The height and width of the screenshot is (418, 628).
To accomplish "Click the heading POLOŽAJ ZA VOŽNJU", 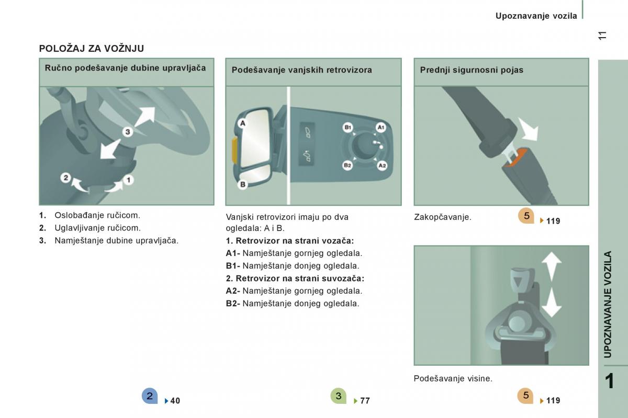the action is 92,49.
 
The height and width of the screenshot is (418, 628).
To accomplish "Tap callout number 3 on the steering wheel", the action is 128,132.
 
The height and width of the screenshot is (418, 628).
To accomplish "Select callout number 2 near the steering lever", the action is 66,178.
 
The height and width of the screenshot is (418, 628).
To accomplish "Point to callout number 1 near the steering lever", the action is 129,180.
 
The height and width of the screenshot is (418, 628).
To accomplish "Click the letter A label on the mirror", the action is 242,123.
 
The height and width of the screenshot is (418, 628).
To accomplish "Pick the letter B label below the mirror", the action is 243,184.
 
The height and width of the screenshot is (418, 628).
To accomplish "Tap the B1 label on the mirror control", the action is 347,127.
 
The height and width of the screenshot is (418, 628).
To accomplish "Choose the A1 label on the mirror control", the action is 381,127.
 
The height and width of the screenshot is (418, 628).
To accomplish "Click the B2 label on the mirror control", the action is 347,165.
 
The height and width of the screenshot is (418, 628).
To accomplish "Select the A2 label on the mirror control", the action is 382,166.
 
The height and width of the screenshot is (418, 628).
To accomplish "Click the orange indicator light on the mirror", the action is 235,150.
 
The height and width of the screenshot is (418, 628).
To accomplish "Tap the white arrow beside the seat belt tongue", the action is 528,130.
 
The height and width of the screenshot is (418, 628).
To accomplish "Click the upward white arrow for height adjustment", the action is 552,266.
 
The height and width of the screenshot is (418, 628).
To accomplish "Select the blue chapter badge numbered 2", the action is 150,396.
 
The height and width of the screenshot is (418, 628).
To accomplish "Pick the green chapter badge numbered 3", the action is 339,396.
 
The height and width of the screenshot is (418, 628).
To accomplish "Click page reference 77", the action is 365,401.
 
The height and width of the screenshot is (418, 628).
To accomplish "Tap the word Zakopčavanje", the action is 443,217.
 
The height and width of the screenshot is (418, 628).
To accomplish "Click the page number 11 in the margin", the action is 602,36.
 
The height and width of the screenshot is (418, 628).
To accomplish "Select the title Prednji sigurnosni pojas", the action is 472,70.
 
